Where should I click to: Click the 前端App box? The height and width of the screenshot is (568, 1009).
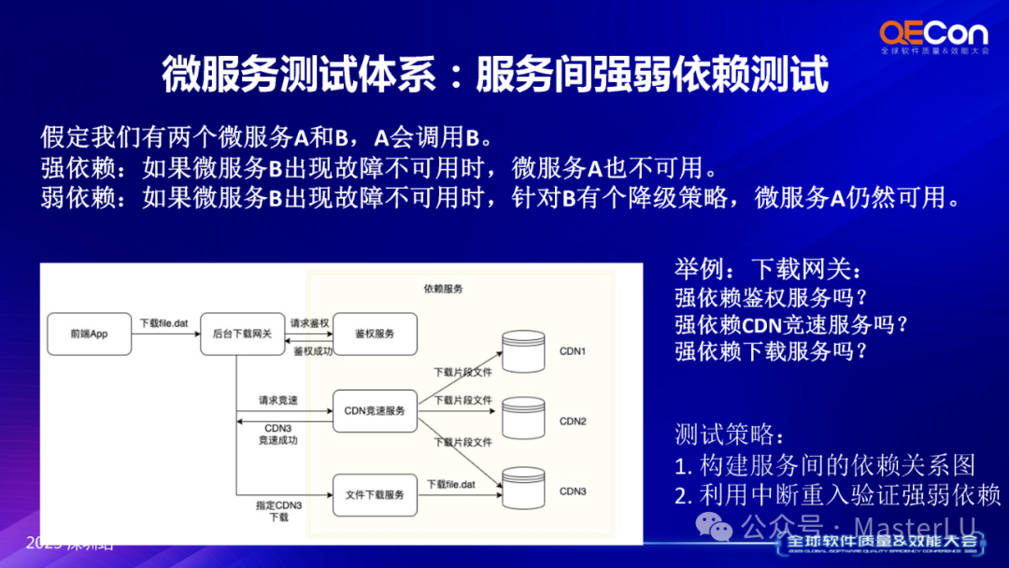[x=89, y=334]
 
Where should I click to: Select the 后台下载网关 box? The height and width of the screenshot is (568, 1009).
[x=242, y=334]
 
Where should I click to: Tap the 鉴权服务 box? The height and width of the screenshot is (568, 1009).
[x=374, y=334]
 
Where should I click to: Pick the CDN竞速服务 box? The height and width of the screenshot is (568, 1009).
[x=374, y=411]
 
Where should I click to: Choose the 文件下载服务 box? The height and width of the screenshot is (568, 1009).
[x=374, y=494]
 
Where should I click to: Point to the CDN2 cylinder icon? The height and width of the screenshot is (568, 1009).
[x=522, y=421]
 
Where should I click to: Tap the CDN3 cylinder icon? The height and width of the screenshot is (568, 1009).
[x=522, y=490]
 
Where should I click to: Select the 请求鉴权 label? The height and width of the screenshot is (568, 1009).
[x=309, y=323]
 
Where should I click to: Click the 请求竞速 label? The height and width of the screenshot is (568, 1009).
[x=278, y=400]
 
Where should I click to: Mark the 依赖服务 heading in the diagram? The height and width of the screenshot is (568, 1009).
[x=443, y=289]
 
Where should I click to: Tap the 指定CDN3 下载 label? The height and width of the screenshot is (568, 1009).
[x=278, y=510]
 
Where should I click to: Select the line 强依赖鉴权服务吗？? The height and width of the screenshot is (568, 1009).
[x=772, y=298]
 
